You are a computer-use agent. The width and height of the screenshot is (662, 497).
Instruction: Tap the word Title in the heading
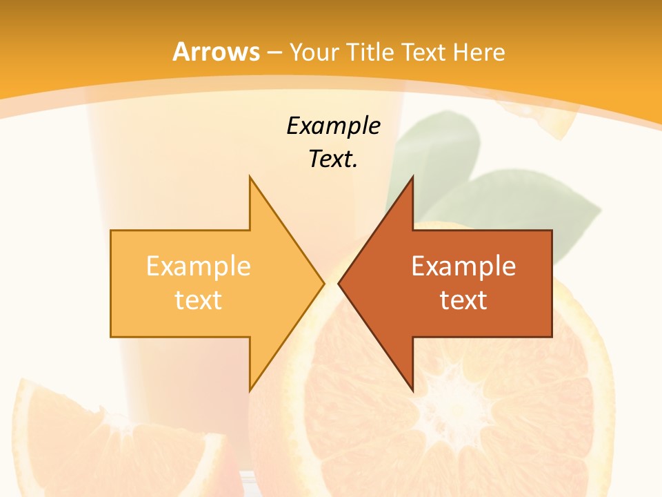[370, 52]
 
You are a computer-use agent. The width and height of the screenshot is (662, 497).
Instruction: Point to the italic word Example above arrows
[333, 126]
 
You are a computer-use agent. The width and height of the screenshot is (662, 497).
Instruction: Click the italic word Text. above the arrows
[333, 159]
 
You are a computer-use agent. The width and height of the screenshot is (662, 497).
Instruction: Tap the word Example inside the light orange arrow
[199, 266]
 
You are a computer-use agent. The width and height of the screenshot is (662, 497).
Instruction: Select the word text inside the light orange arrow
[199, 300]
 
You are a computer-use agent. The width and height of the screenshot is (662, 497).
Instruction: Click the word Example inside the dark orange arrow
[463, 266]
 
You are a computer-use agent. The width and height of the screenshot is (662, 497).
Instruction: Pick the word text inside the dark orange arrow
[463, 300]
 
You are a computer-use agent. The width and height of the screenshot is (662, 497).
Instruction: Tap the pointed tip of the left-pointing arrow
[339, 283]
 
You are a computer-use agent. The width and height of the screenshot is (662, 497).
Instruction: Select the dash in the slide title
[274, 52]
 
